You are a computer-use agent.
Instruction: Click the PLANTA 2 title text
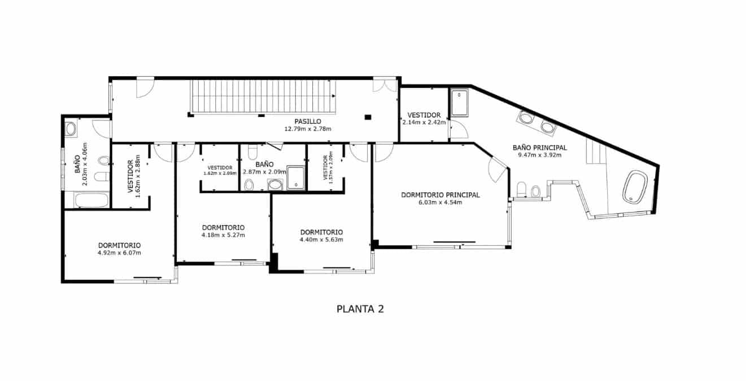click(360, 309)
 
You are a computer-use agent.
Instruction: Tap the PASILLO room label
click(308, 122)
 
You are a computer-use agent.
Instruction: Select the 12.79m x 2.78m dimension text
click(308, 129)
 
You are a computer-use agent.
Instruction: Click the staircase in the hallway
click(263, 97)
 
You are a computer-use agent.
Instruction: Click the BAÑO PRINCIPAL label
click(539, 148)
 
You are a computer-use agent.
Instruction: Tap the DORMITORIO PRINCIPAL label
click(440, 195)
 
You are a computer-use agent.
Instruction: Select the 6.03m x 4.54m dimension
click(440, 202)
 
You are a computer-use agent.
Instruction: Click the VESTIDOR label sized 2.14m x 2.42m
click(424, 115)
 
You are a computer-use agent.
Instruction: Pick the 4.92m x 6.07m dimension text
click(119, 253)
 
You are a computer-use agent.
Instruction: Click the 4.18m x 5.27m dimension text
click(223, 235)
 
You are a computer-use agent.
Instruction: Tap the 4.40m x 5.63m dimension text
click(321, 240)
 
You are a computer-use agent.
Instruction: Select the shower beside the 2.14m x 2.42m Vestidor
click(459, 102)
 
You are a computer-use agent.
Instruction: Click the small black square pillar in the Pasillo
click(368, 117)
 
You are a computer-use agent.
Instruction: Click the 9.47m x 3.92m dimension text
click(539, 155)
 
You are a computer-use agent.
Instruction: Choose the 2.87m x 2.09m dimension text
click(264, 172)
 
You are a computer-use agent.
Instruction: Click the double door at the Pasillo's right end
click(386, 85)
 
